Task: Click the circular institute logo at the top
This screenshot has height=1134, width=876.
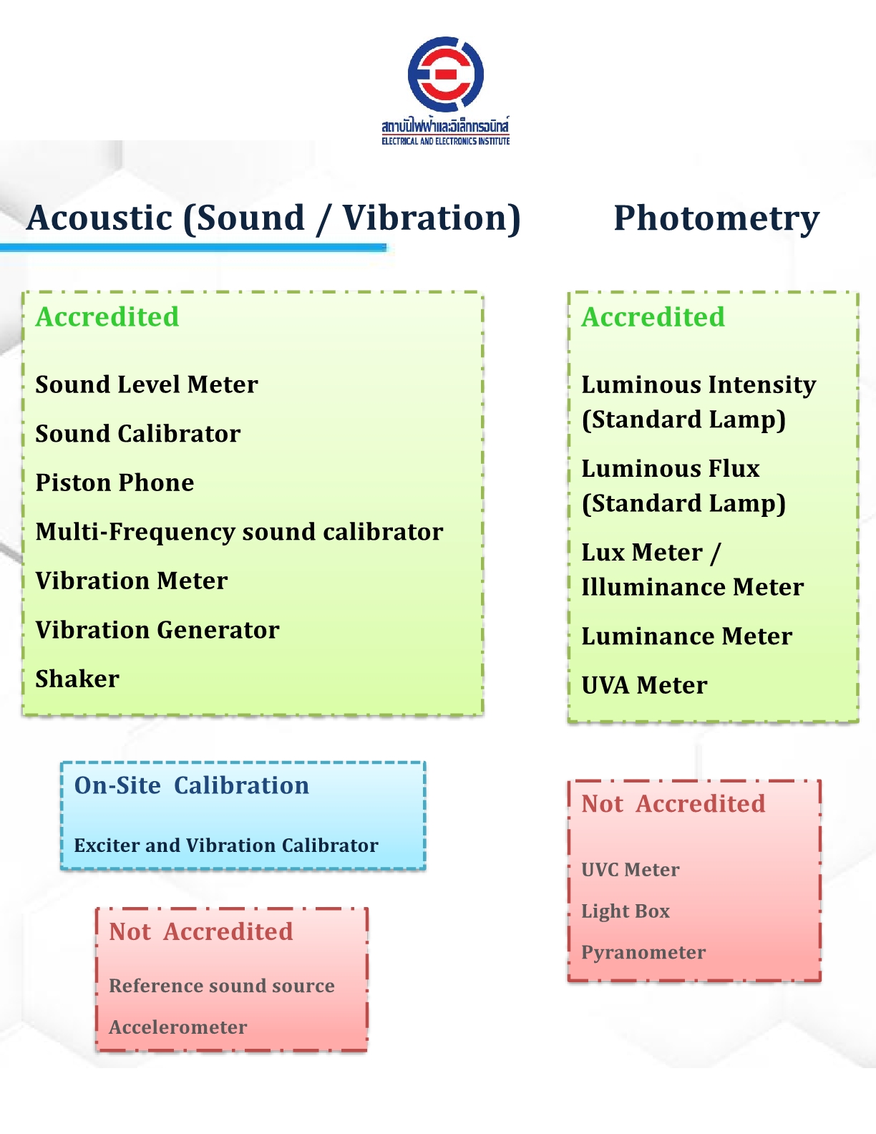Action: click(x=445, y=75)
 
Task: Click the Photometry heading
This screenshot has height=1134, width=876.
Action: click(x=716, y=218)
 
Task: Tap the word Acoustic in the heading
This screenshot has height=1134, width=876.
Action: click(x=99, y=218)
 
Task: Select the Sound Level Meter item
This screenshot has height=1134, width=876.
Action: click(x=147, y=384)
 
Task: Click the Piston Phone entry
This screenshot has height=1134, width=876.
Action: click(x=115, y=483)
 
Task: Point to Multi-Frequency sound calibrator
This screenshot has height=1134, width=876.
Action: click(x=239, y=532)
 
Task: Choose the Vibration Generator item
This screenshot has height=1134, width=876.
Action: click(x=157, y=630)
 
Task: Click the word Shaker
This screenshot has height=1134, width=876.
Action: click(x=77, y=679)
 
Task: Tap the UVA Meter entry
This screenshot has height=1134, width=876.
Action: click(x=644, y=686)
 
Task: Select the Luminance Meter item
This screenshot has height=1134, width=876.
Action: click(x=686, y=636)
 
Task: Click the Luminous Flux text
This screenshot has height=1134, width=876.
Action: click(x=671, y=469)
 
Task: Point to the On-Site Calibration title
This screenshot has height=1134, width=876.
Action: click(x=192, y=785)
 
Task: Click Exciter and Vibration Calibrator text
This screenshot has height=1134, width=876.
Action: click(x=226, y=845)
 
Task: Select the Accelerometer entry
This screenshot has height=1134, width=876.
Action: click(x=178, y=1027)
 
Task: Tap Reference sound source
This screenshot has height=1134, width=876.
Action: click(x=222, y=986)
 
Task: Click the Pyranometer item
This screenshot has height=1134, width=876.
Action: click(x=643, y=953)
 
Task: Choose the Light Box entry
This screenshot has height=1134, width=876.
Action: click(x=626, y=911)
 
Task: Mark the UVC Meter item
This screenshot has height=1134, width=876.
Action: click(x=631, y=870)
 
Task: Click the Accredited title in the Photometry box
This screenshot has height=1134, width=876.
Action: click(x=653, y=317)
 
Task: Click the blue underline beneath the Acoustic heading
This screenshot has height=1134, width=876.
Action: click(x=193, y=248)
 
